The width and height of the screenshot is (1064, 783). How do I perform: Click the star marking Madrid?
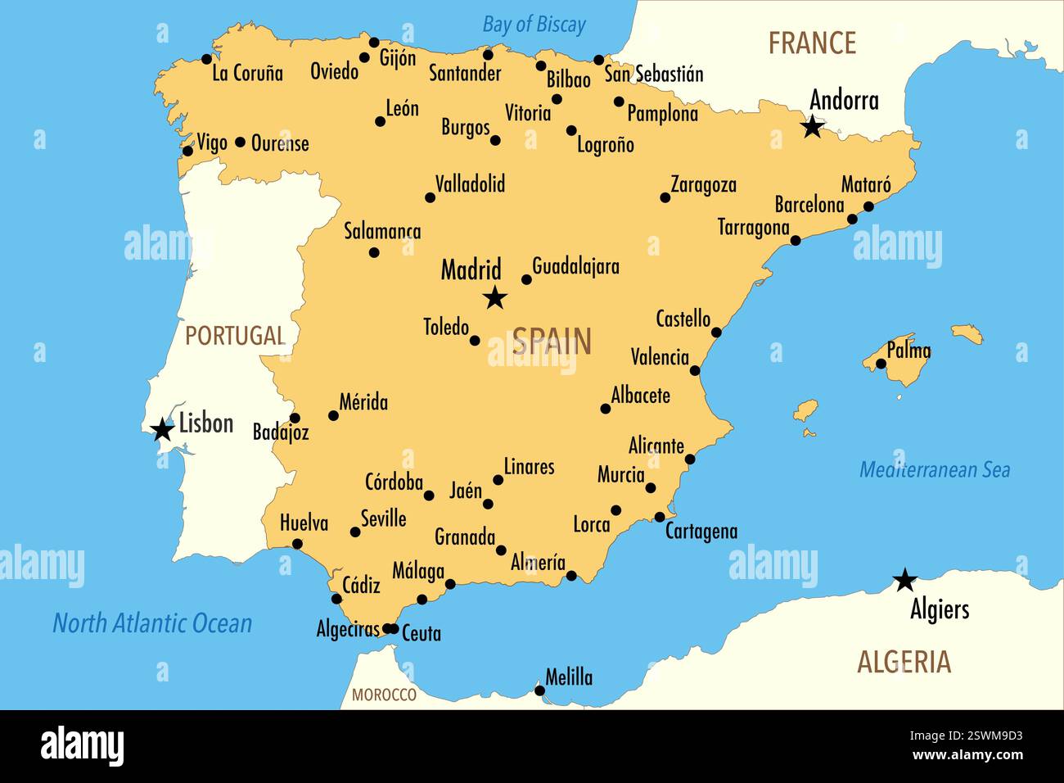(495, 298)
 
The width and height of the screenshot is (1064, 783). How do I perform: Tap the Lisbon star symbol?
(163, 428)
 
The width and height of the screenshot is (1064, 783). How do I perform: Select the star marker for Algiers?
(904, 580)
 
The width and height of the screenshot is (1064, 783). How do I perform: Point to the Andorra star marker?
(812, 127)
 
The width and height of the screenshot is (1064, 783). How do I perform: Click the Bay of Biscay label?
(534, 25)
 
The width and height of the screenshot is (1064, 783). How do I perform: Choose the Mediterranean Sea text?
(934, 469)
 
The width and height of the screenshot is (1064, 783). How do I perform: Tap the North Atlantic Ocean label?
(152, 623)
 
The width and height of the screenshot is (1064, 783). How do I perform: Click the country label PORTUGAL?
(235, 335)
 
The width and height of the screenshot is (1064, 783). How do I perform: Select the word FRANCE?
(811, 43)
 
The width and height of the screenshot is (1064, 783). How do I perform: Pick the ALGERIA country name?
(904, 662)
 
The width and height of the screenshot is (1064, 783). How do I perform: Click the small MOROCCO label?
(384, 695)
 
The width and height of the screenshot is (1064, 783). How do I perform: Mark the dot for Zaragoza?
(665, 197)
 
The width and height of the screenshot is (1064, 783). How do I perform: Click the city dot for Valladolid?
(430, 197)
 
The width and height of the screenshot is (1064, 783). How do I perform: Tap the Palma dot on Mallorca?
(881, 364)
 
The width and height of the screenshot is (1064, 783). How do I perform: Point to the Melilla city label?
(569, 677)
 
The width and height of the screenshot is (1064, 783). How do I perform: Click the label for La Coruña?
(247, 73)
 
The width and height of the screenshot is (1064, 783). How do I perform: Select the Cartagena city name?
(701, 531)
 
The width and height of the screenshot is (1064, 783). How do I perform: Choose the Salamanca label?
(382, 231)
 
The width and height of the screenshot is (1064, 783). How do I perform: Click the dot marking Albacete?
(606, 409)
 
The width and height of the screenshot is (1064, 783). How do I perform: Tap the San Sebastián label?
(654, 74)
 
